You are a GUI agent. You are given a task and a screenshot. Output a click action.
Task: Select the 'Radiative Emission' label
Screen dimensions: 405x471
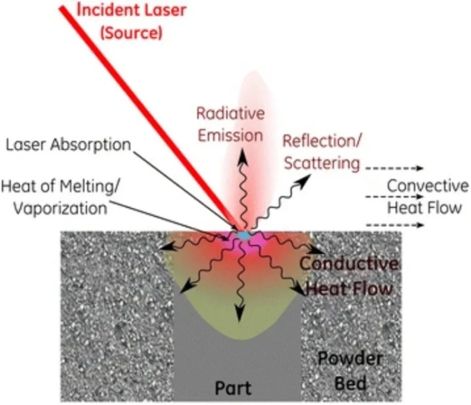tap(230, 124)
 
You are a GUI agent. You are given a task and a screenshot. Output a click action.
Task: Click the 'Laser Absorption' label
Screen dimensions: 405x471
tap(68, 144)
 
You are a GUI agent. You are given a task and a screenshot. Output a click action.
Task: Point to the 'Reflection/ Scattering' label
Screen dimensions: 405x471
tap(321, 152)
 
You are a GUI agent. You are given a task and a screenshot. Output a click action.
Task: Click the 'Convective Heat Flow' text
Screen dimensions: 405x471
tap(427, 196)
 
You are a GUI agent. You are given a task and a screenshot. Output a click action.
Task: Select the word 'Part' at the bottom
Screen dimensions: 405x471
tap(233, 388)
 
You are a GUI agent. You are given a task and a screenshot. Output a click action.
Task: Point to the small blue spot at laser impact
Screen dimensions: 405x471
tap(243, 234)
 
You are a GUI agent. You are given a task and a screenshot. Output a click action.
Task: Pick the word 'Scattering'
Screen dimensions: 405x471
tap(321, 163)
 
